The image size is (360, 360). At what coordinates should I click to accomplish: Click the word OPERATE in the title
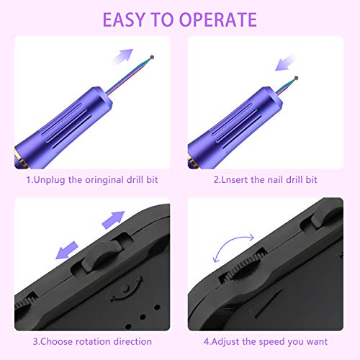(x=218, y=19)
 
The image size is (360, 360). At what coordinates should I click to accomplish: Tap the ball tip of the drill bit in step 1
(x=152, y=57)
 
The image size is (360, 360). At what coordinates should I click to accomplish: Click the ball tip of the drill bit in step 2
(x=296, y=78)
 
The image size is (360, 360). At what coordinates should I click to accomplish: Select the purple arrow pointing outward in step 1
(x=123, y=57)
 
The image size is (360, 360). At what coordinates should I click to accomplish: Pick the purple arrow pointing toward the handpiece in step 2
(x=285, y=63)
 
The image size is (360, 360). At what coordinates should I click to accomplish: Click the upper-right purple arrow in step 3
(x=114, y=220)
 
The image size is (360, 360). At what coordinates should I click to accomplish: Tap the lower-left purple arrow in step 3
(x=67, y=251)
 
